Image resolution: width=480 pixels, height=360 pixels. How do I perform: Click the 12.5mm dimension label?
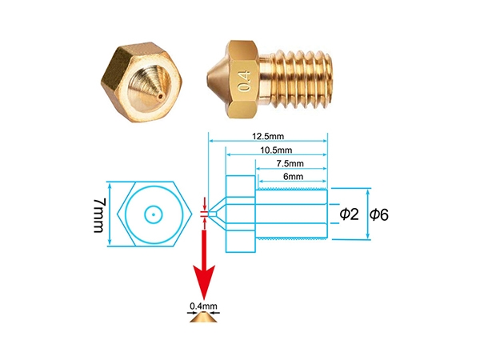[268, 136]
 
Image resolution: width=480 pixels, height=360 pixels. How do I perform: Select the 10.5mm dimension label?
[276, 150]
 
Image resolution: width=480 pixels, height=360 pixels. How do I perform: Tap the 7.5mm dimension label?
[290, 163]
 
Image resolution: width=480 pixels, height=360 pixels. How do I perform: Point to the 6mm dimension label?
[294, 177]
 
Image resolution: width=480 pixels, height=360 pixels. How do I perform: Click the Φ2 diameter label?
[350, 214]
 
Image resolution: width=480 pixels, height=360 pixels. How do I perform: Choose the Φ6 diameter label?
[379, 214]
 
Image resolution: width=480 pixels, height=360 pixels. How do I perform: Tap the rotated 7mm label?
[99, 215]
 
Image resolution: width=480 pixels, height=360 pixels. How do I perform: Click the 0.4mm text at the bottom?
[203, 306]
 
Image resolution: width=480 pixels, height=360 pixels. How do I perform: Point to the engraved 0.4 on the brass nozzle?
[245, 81]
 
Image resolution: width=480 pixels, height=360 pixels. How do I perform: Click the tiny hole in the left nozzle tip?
[161, 97]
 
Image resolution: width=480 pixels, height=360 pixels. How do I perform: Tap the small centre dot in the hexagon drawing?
[153, 214]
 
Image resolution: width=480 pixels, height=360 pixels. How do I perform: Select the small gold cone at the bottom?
[203, 317]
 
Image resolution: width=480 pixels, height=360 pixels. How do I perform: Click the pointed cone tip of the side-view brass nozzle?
[208, 78]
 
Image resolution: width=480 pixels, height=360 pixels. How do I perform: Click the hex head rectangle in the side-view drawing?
[241, 214]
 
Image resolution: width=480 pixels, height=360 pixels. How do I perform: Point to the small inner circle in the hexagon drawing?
[153, 206]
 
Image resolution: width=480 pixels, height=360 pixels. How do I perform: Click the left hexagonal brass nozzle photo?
[142, 82]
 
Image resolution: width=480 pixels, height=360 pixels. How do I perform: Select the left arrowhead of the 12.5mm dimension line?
[211, 141]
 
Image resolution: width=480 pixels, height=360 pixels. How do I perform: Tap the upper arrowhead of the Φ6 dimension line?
[368, 192]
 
